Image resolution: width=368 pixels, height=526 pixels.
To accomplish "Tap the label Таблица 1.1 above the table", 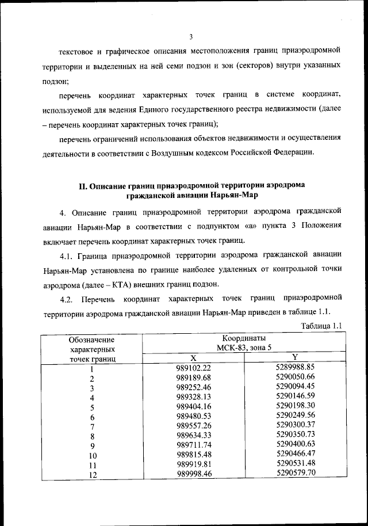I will (x=323, y=326).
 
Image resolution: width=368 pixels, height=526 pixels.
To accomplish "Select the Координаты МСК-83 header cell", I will (x=241, y=342).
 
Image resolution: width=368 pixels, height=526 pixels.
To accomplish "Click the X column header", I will (x=193, y=357).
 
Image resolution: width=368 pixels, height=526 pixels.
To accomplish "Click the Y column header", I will (x=294, y=357).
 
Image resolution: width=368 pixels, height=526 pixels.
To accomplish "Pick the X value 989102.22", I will (x=194, y=368).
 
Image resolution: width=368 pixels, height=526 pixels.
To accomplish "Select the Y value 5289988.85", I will (x=296, y=367).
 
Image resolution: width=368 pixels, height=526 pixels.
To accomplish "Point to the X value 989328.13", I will (x=194, y=397).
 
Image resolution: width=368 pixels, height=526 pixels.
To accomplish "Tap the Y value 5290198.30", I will (x=296, y=406).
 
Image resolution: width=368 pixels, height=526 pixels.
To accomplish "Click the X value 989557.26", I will (x=194, y=426).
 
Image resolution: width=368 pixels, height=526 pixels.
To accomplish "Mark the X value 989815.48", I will (x=194, y=455).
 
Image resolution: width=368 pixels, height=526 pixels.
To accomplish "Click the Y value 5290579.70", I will (x=296, y=472).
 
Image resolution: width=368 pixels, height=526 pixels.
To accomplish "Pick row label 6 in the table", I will (x=92, y=417).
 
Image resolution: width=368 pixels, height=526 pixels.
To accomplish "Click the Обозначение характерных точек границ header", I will (x=92, y=349).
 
